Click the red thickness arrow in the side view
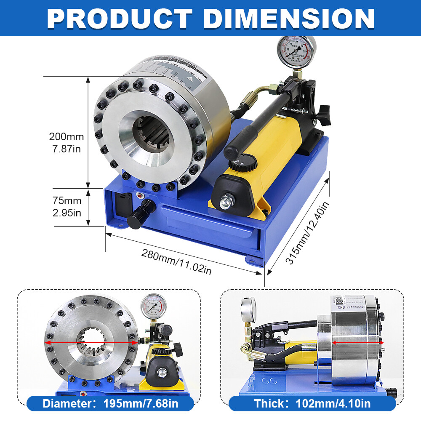[x=358, y=343]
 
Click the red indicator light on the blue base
[x=139, y=196]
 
